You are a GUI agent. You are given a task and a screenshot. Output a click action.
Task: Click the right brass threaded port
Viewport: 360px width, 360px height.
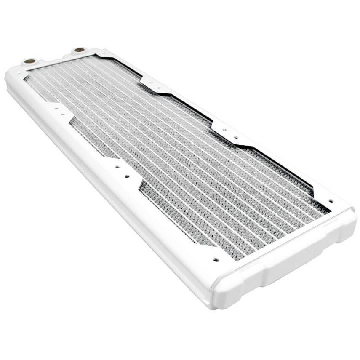pos(78,51)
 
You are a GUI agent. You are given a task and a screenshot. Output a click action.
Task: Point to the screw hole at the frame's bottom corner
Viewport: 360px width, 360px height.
pos(216,260)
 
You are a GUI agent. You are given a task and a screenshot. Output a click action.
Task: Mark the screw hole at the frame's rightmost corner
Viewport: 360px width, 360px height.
pos(331,201)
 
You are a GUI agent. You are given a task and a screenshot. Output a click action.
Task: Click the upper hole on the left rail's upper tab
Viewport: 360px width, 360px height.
pos(55,109)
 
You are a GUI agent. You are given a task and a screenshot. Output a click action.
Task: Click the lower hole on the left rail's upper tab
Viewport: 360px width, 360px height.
pos(62,114)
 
